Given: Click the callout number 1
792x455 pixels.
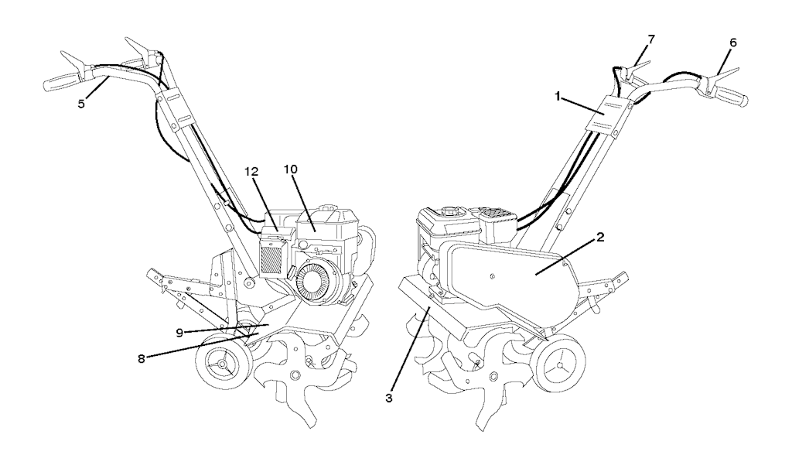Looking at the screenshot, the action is click(x=558, y=96).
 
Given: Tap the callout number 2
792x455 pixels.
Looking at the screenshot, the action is click(x=600, y=237).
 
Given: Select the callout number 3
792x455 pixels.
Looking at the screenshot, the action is click(x=388, y=398).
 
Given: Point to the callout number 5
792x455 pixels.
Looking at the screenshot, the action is click(x=81, y=104).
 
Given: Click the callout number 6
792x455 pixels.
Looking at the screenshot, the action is click(x=733, y=43).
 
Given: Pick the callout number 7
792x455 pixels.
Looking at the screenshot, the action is click(x=651, y=39).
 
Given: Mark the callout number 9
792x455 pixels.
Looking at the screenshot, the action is click(x=179, y=333).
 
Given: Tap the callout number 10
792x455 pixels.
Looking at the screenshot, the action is click(x=291, y=169).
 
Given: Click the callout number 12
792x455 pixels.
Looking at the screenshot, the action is click(x=251, y=172).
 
